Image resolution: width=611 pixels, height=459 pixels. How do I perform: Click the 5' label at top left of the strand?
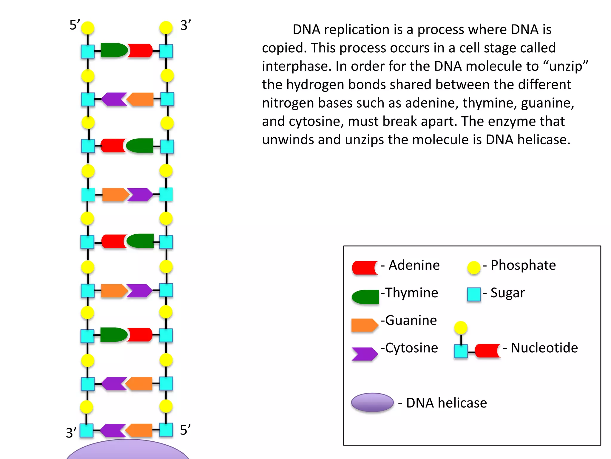click(x=74, y=25)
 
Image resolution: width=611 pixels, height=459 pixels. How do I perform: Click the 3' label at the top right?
click(x=185, y=25)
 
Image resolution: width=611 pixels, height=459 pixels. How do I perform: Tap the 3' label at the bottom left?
click(x=71, y=433)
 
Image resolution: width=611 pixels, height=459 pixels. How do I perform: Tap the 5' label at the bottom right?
click(x=185, y=430)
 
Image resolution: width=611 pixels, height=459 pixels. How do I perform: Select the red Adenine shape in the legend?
click(x=365, y=267)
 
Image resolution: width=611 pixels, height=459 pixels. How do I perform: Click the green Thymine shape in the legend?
click(x=365, y=297)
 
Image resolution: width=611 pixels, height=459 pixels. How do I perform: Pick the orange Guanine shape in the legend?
click(x=364, y=325)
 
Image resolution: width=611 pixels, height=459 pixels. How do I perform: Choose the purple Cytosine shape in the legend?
click(x=364, y=354)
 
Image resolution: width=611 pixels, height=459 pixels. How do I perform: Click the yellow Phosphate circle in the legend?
click(x=473, y=267)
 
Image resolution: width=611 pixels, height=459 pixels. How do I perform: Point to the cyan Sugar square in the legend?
click(x=473, y=294)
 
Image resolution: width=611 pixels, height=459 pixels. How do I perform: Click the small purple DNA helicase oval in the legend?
click(x=372, y=402)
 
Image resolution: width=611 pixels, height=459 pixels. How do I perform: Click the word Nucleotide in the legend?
click(x=544, y=348)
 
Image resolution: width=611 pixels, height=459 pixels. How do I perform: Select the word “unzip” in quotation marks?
click(x=568, y=66)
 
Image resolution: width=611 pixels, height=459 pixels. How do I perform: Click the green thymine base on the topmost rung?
click(x=114, y=50)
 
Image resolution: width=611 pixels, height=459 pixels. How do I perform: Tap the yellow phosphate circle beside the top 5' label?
click(x=88, y=28)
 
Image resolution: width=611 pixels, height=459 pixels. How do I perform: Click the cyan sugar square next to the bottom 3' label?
click(x=87, y=431)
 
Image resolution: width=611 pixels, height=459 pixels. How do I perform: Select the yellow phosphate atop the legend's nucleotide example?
click(x=460, y=328)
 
